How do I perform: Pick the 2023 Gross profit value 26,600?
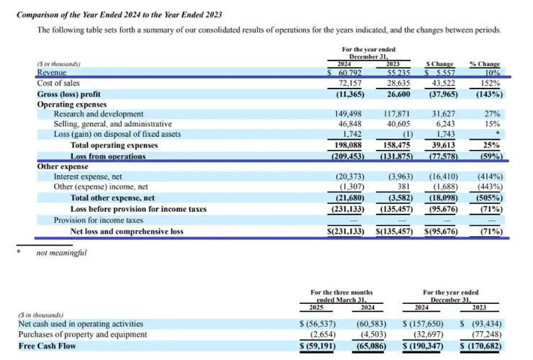click(x=395, y=94)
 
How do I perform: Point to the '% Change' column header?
click(x=484, y=64)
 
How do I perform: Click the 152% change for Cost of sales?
click(x=491, y=84)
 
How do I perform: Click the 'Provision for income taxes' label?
click(x=99, y=220)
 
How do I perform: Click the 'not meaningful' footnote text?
click(x=61, y=253)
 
